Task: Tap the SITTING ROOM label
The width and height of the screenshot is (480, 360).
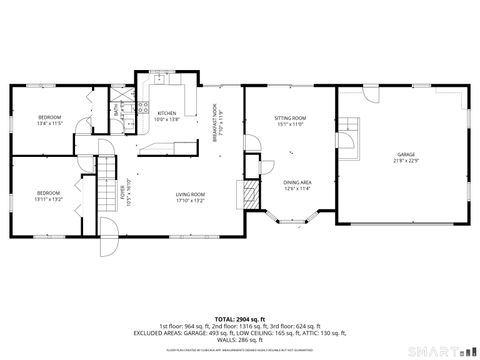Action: pyautogui.click(x=290, y=118)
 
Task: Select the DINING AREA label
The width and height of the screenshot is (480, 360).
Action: pyautogui.click(x=298, y=181)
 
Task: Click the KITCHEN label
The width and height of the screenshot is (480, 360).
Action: pyautogui.click(x=167, y=114)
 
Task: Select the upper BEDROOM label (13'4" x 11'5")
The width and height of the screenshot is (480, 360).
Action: pyautogui.click(x=50, y=118)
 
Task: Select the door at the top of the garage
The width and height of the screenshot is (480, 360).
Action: pyautogui.click(x=371, y=92)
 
